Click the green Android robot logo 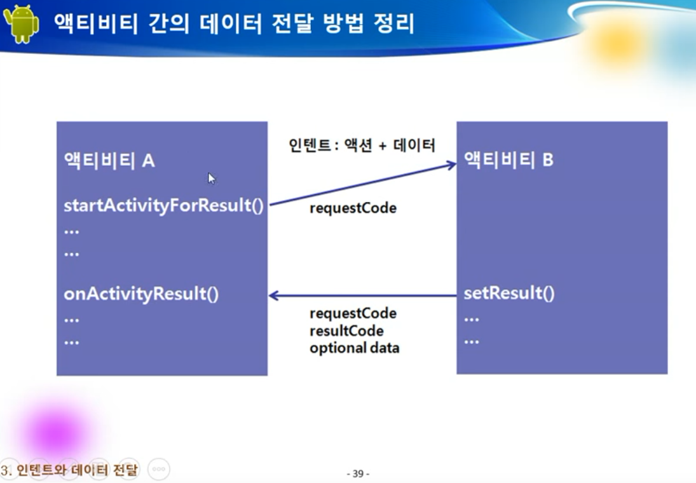21,24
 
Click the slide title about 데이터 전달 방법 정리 234,24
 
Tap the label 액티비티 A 109,161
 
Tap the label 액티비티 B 508,160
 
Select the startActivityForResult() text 163,206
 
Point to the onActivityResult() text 141,294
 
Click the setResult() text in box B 508,294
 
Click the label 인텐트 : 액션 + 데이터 362,146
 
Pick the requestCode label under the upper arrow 353,208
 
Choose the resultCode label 346,331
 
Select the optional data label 354,348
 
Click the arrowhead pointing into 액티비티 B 451,165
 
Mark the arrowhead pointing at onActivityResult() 274,296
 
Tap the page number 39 358,473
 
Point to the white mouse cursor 212,179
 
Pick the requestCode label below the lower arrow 353,313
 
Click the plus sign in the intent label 383,146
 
